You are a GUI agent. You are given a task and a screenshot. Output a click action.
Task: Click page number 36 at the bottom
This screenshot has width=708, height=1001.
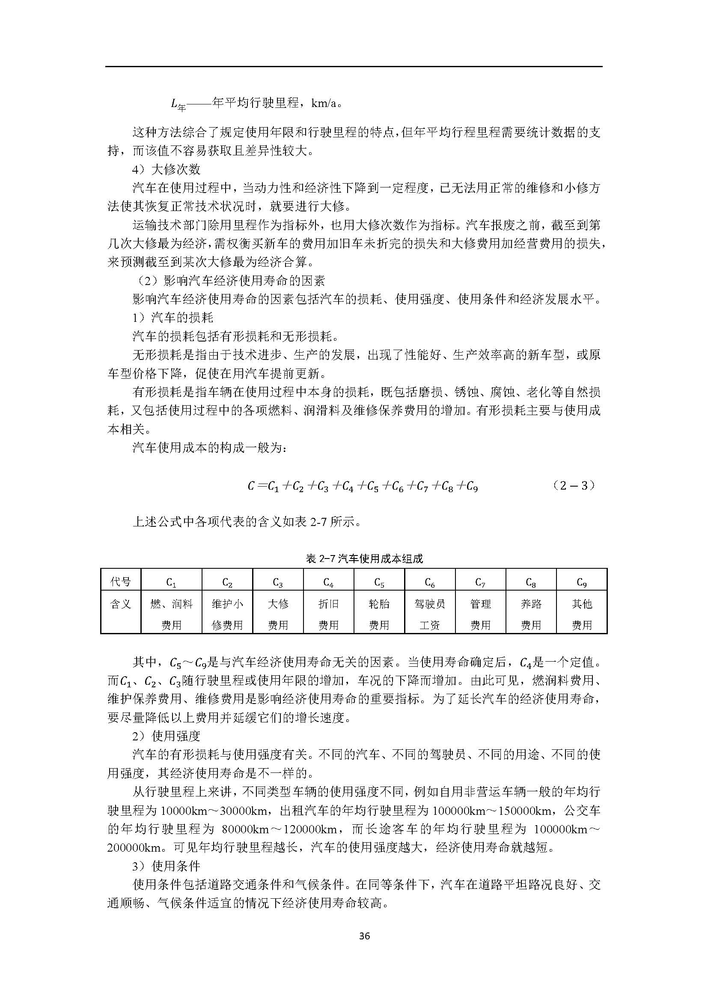coord(364,936)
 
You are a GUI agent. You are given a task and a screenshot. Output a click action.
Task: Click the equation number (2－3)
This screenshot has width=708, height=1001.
coord(573,486)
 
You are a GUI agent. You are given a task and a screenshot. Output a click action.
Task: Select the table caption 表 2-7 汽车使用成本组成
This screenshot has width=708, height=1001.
coord(364,558)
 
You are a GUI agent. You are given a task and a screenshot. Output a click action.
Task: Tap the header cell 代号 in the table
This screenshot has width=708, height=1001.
coord(121,582)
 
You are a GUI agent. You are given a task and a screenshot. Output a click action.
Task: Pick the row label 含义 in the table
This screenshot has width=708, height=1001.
coord(121,604)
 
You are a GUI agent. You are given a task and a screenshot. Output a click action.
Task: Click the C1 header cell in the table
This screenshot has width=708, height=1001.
coord(171,582)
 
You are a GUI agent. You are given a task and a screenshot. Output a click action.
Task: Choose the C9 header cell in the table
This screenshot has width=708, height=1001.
coord(582,582)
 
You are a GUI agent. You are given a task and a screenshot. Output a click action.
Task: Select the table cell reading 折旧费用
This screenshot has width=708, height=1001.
coord(328,614)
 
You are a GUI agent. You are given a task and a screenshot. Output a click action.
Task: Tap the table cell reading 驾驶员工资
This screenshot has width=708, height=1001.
coord(430,614)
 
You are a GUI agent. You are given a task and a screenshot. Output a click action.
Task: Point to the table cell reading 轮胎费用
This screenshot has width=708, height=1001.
coord(379,614)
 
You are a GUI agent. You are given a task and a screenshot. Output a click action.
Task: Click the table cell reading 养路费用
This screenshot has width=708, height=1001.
coord(531,614)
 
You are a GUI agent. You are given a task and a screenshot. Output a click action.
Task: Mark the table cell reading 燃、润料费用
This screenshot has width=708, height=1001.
coord(171,614)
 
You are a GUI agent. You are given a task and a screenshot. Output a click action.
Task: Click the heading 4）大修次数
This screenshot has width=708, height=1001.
coord(166,169)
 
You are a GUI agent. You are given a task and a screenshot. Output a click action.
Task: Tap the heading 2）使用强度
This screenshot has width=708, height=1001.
coord(166,737)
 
